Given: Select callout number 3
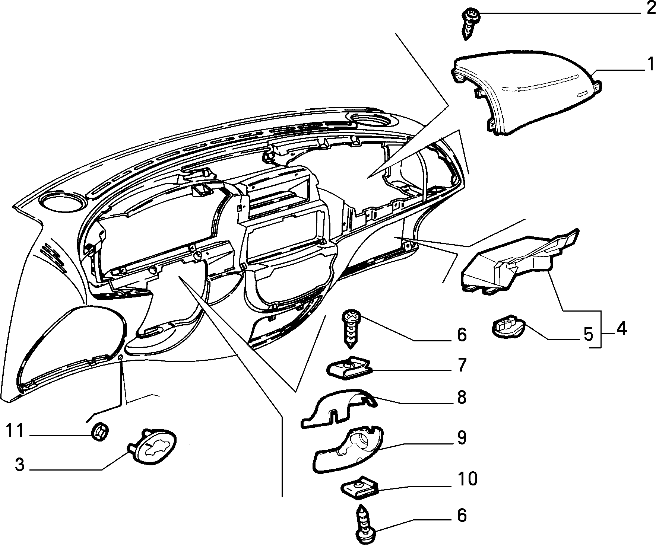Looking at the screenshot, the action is click(19, 465).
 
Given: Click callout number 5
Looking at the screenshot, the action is click(588, 334).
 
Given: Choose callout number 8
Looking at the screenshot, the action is click(462, 397).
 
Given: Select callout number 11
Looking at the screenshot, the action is click(15, 431).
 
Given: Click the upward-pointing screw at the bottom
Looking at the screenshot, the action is click(366, 525).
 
